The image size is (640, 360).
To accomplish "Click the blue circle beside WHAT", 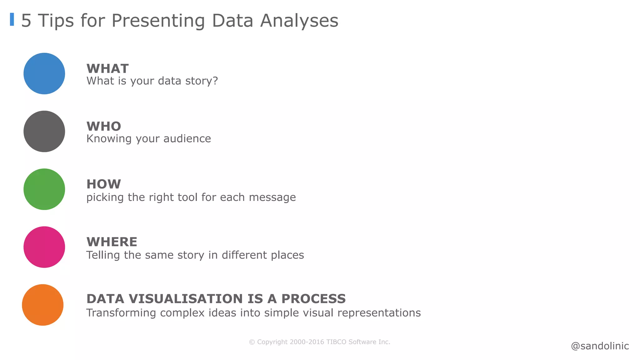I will pos(44,73).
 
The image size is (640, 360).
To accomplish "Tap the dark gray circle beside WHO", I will pos(44,131).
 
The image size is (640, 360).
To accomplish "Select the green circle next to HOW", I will pos(44,189).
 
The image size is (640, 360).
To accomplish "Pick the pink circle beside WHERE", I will pos(44,247).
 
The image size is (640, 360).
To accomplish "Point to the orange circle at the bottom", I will pos(43,305).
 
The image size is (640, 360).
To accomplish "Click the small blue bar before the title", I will pos(12,19).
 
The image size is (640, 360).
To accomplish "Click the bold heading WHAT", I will pos(107,68).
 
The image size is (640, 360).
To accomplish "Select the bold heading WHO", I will pos(103,126).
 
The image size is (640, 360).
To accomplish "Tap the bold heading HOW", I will pos(103,184).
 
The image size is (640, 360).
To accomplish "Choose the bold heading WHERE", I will pos(112,242).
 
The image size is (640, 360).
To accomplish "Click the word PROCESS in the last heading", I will pos(313,299).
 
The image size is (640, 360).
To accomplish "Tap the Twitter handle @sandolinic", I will pos(600,346).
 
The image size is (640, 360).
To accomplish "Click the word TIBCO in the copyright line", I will pos(336,342).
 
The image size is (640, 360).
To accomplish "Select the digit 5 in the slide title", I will pos(26,21).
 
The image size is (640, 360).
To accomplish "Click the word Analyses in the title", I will pos(299,21).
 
